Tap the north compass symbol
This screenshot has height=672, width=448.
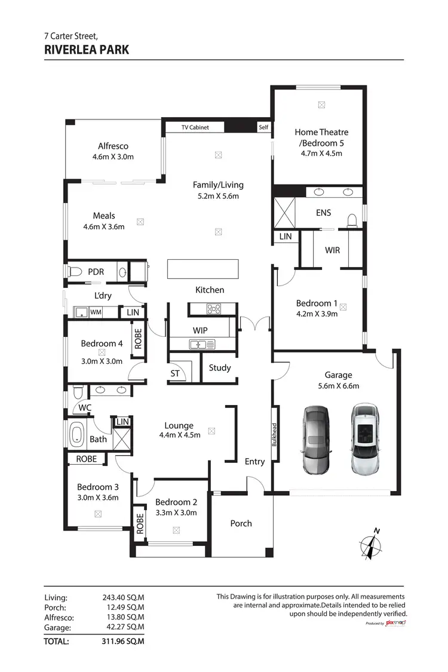click(372, 544)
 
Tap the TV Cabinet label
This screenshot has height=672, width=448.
click(195, 127)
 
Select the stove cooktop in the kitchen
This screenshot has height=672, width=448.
click(213, 309)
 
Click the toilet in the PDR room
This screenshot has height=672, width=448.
click(75, 272)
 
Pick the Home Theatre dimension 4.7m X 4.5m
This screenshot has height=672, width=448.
click(321, 153)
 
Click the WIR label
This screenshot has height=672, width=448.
click(332, 250)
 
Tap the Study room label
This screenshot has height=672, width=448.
click(219, 368)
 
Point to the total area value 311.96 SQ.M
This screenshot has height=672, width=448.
click(124, 642)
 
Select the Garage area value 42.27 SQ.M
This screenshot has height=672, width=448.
click(124, 628)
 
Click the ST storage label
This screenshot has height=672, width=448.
click(175, 374)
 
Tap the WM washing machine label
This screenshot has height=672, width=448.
click(96, 312)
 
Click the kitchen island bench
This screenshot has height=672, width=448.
click(203, 268)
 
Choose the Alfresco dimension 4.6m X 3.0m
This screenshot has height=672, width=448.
click(113, 157)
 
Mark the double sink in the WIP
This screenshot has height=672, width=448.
click(198, 344)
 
